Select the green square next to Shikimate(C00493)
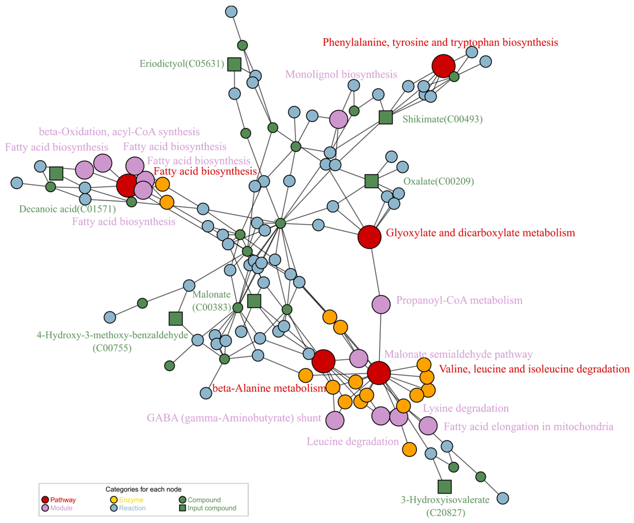point(386,117)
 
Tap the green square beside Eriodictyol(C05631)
point(234,64)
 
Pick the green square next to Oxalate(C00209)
point(371,181)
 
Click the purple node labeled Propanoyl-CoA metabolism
point(381,304)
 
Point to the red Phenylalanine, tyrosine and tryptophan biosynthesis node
point(443,66)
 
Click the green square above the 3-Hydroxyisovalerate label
point(445,487)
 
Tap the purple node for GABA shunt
point(335,420)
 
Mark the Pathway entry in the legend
point(59,500)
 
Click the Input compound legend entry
point(208,508)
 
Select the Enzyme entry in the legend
point(127,500)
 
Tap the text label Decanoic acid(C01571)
point(67,209)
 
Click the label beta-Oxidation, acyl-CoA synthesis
point(119,132)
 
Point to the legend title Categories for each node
point(143,489)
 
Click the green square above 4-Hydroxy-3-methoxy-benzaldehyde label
point(175,319)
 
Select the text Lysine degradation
point(466,408)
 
